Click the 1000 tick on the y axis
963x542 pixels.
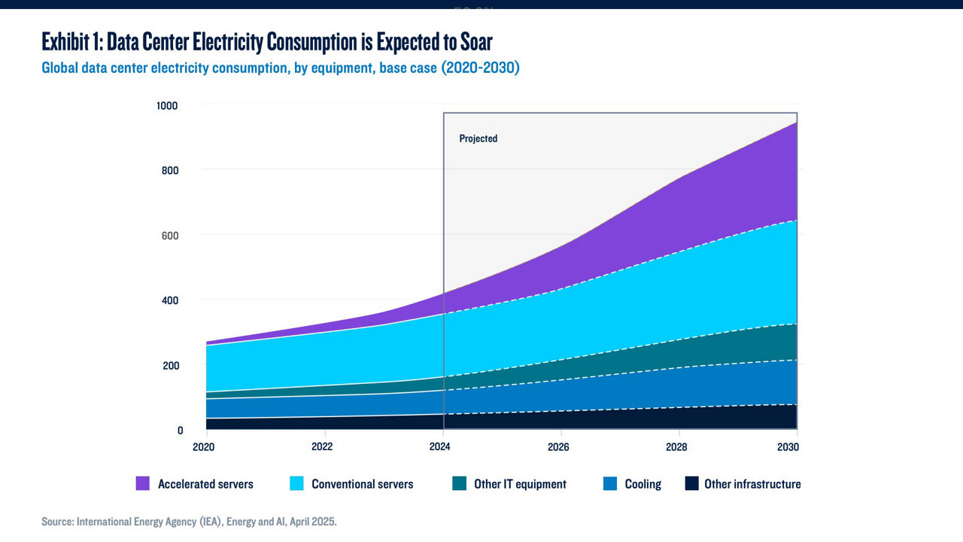[x=166, y=105]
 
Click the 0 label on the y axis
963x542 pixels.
[x=180, y=431]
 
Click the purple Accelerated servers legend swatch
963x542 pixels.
[x=143, y=484]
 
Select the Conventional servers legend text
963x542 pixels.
[x=362, y=484]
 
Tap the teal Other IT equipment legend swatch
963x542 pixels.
[x=459, y=484]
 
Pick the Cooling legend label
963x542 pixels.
[x=643, y=484]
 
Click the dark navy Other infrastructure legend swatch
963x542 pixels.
[x=692, y=484]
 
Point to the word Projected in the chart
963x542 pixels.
[x=478, y=139]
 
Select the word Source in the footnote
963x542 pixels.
[x=57, y=521]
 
